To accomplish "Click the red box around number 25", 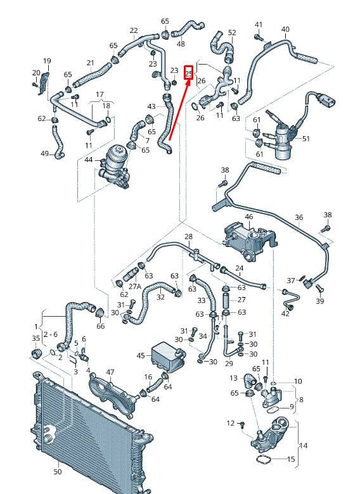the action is coord(188,73).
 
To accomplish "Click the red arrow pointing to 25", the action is coord(179,110).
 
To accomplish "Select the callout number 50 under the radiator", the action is coord(58,472).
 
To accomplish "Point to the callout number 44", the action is coord(89,160).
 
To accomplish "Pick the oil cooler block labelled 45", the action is coord(168,356).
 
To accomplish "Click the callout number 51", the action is coord(305,139).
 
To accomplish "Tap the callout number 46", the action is coord(248,217).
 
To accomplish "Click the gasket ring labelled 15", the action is coord(264,460).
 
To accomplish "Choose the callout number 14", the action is coord(303,445).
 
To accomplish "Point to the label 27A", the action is coord(134,286).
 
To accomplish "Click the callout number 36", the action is coord(299,217).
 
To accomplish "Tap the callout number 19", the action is coord(47,61).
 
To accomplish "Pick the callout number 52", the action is coord(232,32).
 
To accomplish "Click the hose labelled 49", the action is coord(58,142).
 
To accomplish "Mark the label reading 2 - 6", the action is coord(51,334).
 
